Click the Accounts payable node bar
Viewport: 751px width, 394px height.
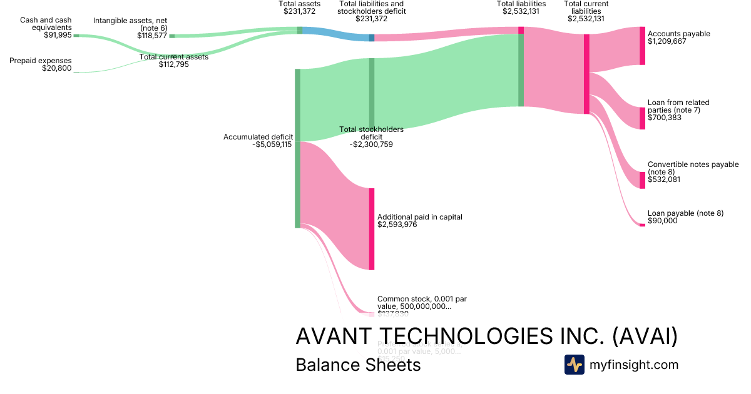642,46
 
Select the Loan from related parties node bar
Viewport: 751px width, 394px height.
642,118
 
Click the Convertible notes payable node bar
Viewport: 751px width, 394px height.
642,180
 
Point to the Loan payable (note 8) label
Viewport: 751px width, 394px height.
685,213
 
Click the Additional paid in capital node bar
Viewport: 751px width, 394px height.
371,229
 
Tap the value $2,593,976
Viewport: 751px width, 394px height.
397,225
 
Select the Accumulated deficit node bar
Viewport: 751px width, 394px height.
297,148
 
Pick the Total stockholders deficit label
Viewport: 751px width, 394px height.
371,133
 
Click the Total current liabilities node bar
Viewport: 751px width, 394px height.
586,74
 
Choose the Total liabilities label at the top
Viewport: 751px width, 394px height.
521,4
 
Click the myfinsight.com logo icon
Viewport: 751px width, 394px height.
574,365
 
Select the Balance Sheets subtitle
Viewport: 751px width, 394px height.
358,365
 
